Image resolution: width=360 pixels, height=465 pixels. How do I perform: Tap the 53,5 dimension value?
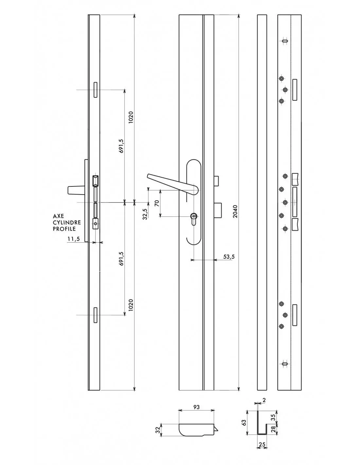[x=229, y=257]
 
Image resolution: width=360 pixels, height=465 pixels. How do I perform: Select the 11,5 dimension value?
[x=74, y=239]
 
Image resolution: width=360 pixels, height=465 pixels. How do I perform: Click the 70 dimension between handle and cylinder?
[x=157, y=203]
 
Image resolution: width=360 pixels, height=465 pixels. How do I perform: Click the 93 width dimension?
[x=196, y=407]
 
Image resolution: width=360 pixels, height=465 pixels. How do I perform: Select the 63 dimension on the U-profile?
[x=244, y=423]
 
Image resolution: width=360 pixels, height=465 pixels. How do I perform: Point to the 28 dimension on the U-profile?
[x=273, y=429]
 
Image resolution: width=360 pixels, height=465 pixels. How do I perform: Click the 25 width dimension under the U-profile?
[x=262, y=444]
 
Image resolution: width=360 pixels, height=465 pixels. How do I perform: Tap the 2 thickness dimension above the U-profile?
[x=264, y=400]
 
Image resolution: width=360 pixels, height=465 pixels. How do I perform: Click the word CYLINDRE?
[x=67, y=222]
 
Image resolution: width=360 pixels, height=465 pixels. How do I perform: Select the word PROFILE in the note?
[x=64, y=229]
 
